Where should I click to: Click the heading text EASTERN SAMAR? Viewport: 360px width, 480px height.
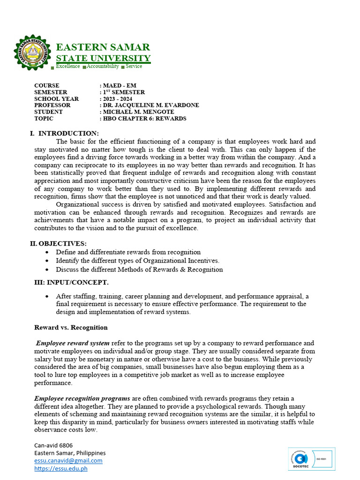click(x=103, y=47)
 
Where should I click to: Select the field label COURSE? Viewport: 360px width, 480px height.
click(x=47, y=86)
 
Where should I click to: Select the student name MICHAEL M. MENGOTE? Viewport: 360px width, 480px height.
click(x=138, y=112)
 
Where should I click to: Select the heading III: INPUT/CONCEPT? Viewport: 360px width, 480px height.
click(x=71, y=282)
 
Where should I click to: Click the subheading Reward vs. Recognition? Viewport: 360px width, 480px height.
click(x=71, y=327)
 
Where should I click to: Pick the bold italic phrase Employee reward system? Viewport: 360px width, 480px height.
click(x=73, y=343)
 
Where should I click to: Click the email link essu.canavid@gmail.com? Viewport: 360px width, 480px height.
click(x=68, y=460)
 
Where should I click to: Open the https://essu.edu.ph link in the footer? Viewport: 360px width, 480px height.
click(x=61, y=468)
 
